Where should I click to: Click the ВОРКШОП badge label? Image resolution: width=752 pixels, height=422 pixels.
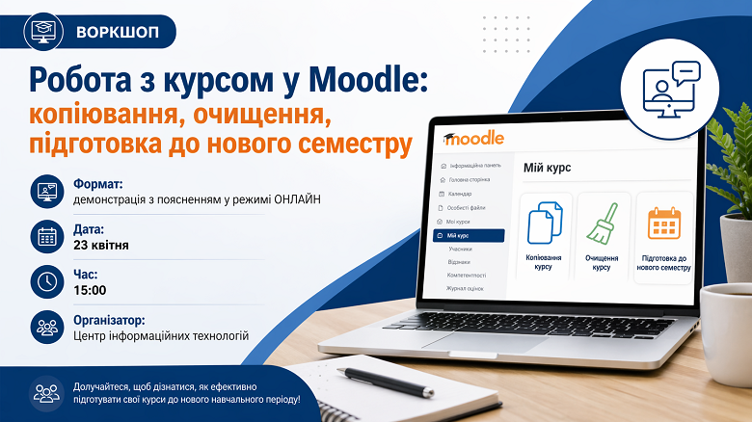pos(118,31)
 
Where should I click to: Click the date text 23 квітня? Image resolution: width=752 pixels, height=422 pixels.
pos(101,245)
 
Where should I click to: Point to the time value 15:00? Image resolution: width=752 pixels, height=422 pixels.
pos(90,290)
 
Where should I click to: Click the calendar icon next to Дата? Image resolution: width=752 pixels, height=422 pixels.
pos(46,236)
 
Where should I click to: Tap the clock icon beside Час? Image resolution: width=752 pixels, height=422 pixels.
pos(46,281)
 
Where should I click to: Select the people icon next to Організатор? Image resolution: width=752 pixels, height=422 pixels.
pos(46,327)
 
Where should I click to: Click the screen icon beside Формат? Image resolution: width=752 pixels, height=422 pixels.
pos(46,191)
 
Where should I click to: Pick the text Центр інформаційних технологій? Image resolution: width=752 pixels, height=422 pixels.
pos(161,335)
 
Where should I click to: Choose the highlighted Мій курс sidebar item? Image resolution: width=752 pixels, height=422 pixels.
pos(469,235)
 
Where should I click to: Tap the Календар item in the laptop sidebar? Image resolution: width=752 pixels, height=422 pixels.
pos(460,194)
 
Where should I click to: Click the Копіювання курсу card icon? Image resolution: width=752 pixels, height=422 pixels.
pos(545,223)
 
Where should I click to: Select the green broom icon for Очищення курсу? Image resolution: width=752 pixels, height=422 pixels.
pos(602,224)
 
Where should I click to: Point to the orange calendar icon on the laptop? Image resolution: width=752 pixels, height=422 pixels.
pos(664,223)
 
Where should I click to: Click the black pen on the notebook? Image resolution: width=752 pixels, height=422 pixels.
pos(385,382)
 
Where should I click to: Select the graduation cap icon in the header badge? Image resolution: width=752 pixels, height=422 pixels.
pos(42,31)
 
